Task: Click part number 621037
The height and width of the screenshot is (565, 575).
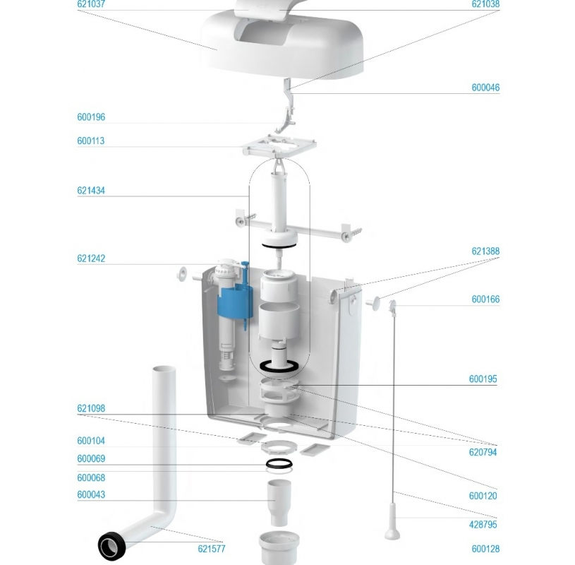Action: (91, 4)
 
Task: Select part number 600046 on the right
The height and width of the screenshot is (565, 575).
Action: (485, 88)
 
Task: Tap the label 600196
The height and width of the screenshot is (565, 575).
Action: (91, 117)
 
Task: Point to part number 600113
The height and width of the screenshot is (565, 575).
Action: (91, 141)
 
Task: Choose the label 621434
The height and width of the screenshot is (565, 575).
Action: (91, 191)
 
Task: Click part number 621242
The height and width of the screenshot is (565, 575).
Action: (91, 258)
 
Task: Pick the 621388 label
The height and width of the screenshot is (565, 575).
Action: (485, 251)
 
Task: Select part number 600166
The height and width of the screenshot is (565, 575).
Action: (485, 299)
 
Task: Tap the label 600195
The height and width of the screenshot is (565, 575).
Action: (483, 379)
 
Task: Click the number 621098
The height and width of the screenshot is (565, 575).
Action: (91, 408)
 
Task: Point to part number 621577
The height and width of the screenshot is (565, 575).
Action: (212, 549)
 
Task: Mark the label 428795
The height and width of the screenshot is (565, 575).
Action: (483, 525)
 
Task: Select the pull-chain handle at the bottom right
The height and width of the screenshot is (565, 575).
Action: (392, 521)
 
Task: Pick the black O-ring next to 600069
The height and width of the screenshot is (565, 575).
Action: (279, 463)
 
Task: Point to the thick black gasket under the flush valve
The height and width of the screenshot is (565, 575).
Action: (279, 367)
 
